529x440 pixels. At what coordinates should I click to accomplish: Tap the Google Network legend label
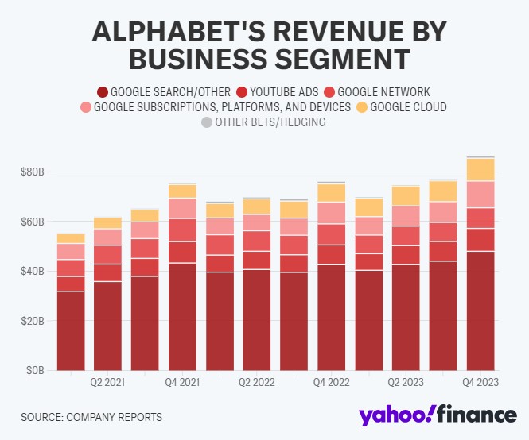(380, 91)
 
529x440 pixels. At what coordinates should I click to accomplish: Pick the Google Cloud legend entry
(401, 107)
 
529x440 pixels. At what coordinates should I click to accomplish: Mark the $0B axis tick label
(34, 370)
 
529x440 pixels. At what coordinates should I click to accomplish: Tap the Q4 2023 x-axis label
(481, 383)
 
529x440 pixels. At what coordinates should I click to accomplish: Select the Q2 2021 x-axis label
(108, 383)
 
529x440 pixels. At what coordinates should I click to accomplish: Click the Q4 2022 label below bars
(332, 383)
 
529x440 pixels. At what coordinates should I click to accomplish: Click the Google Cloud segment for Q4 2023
(480, 169)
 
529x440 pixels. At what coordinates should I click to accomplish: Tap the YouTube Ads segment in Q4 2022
(332, 254)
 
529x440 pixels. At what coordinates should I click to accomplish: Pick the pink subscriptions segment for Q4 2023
(480, 194)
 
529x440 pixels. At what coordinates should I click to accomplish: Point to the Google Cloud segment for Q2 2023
(406, 195)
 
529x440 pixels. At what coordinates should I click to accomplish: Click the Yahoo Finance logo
(437, 415)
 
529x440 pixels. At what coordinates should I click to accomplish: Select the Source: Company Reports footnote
(80, 416)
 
